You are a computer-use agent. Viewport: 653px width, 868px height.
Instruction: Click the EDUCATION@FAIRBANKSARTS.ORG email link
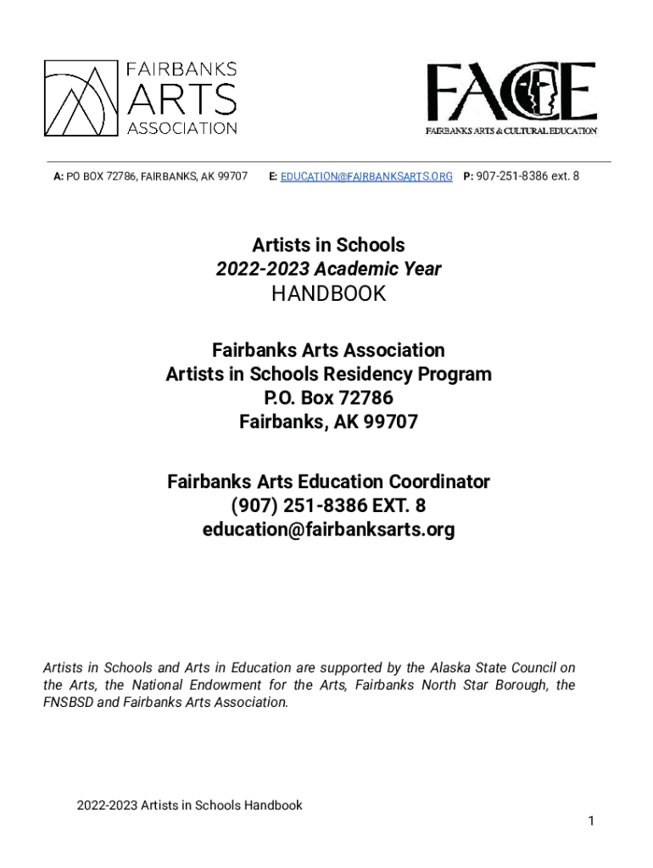pyautogui.click(x=366, y=176)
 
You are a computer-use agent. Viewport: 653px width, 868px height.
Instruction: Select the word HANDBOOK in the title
pyautogui.click(x=328, y=294)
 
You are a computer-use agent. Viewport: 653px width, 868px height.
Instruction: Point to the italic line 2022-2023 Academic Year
pyautogui.click(x=328, y=269)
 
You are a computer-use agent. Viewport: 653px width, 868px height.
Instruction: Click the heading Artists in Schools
pyautogui.click(x=328, y=245)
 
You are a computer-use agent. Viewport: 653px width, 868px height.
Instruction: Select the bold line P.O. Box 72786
pyautogui.click(x=328, y=398)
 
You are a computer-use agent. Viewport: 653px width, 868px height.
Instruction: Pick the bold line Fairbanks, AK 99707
pyautogui.click(x=328, y=421)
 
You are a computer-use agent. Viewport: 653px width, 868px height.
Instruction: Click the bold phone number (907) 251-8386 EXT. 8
pyautogui.click(x=328, y=506)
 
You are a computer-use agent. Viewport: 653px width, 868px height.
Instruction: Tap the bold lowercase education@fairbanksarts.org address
pyautogui.click(x=328, y=530)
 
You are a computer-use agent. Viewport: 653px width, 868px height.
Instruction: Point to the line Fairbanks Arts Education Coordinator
pyautogui.click(x=328, y=482)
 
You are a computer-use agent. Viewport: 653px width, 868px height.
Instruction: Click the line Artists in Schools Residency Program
pyautogui.click(x=328, y=374)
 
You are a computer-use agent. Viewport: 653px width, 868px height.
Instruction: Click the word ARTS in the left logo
pyautogui.click(x=181, y=101)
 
